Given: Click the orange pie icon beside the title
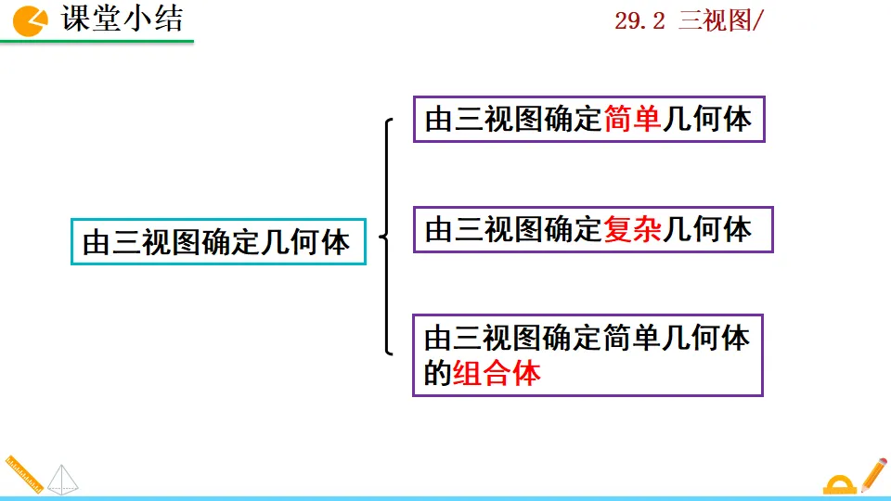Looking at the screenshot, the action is (x=31, y=20).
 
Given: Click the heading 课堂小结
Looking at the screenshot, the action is (x=123, y=19).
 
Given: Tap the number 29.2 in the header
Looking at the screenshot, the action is (x=639, y=21).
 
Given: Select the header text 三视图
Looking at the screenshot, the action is (x=714, y=21).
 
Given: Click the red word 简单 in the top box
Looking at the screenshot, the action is (x=632, y=120).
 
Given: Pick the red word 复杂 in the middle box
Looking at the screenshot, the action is (x=632, y=229).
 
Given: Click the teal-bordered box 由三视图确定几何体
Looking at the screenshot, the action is (x=218, y=242).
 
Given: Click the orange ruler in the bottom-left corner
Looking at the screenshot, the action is (x=23, y=473).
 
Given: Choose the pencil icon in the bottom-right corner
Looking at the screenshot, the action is (x=872, y=473).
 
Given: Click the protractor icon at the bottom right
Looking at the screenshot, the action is (x=840, y=483).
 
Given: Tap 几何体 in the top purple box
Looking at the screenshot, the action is (x=706, y=120).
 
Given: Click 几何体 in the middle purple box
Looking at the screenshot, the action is (x=706, y=229).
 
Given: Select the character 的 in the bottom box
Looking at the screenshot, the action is (x=436, y=374).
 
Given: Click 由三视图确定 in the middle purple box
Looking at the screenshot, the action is (x=513, y=229).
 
